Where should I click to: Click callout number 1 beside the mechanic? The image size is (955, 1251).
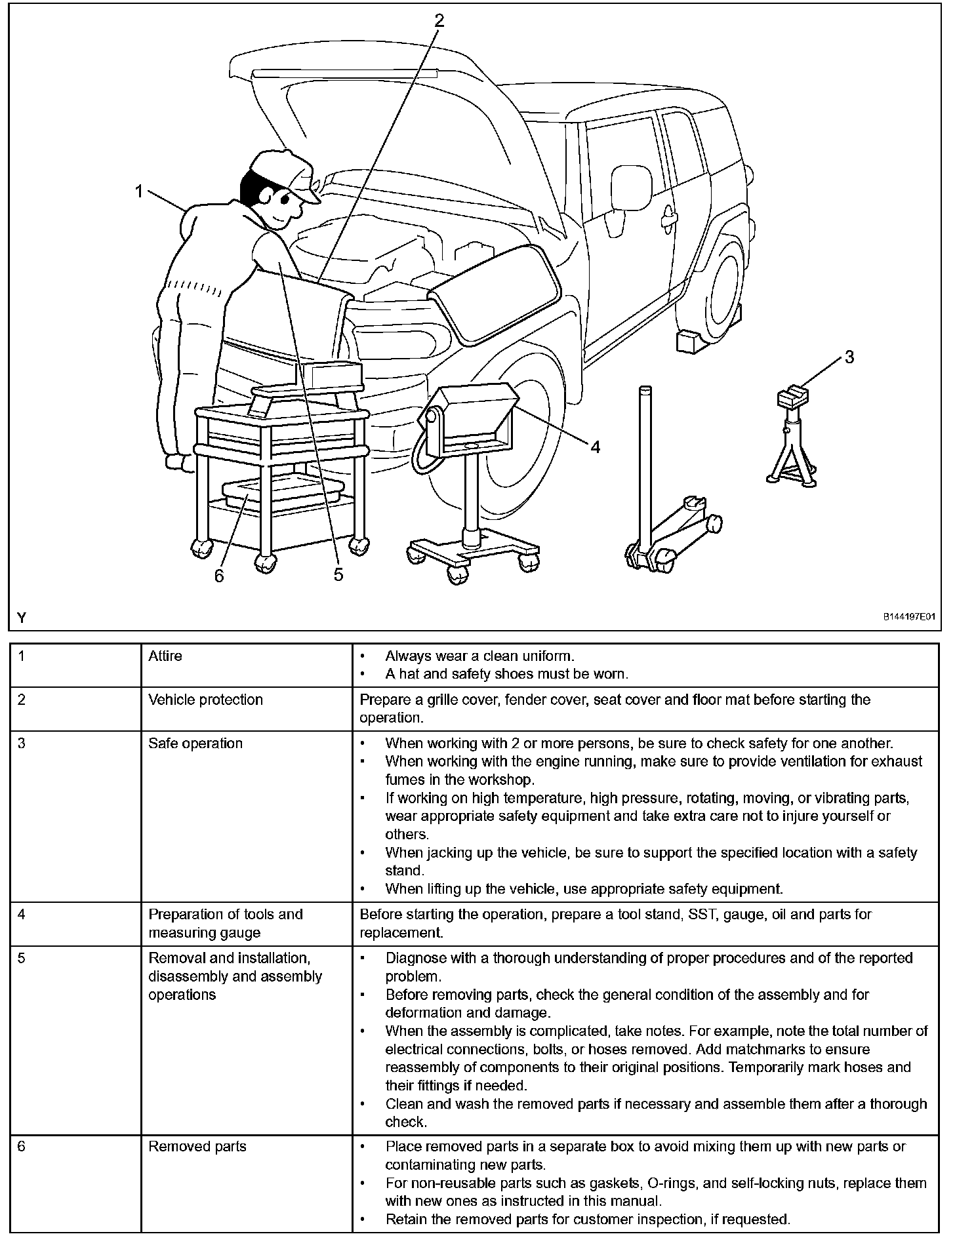tap(138, 191)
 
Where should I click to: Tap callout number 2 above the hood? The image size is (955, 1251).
tap(439, 21)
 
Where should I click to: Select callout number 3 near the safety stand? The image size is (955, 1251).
tap(849, 357)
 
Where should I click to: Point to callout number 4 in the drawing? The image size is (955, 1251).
tap(595, 447)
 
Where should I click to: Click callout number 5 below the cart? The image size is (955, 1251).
tap(338, 574)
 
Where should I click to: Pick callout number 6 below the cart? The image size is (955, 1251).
tap(219, 575)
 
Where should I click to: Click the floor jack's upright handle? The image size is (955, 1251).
tap(645, 459)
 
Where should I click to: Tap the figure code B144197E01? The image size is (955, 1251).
tap(908, 617)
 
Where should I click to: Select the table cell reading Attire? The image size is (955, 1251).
tap(165, 656)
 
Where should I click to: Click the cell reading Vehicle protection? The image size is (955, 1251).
tap(205, 700)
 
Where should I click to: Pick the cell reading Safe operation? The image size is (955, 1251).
tap(195, 744)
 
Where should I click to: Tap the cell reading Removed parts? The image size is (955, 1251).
tap(197, 1146)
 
